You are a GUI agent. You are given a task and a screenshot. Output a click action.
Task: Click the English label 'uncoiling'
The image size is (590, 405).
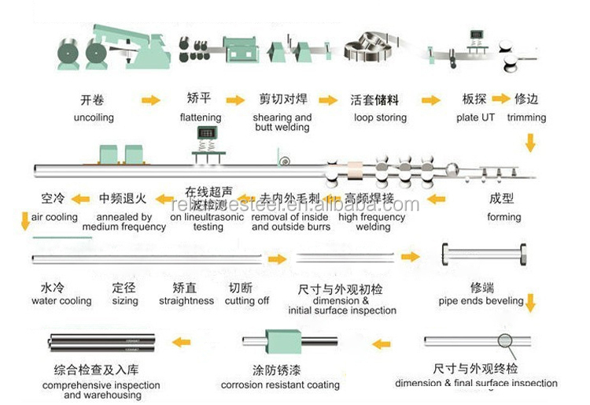click(x=94, y=117)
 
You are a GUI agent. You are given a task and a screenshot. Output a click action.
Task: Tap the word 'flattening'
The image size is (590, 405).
click(x=200, y=117)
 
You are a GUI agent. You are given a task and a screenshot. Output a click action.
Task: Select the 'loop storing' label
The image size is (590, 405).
click(x=380, y=117)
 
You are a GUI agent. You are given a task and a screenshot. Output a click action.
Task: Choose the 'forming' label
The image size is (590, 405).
click(x=503, y=217)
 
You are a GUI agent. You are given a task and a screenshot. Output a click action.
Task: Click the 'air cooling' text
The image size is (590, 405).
click(x=54, y=217)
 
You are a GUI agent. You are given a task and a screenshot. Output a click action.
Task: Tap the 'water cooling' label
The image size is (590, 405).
click(x=61, y=300)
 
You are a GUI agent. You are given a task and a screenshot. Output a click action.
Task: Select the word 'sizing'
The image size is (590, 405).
click(x=125, y=300)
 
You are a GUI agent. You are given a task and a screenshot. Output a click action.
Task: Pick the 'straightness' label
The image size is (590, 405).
click(x=186, y=300)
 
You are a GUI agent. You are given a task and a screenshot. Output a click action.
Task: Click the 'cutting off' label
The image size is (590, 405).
click(x=247, y=300)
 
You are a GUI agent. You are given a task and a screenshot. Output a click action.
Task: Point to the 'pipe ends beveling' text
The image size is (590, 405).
click(x=481, y=300)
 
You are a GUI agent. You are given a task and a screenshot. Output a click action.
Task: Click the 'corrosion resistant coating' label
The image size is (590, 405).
click(x=280, y=385)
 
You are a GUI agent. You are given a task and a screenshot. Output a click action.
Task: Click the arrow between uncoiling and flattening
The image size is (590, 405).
click(x=150, y=100)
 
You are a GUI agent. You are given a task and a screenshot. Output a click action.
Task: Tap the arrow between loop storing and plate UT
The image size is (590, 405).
click(x=430, y=100)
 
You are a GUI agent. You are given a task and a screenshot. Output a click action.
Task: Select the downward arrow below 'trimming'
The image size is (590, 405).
click(x=530, y=143)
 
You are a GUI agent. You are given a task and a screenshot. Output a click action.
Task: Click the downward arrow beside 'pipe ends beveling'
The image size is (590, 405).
click(x=531, y=302)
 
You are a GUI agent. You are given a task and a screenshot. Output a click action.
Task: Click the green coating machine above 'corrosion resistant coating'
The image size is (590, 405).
click(x=282, y=343)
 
